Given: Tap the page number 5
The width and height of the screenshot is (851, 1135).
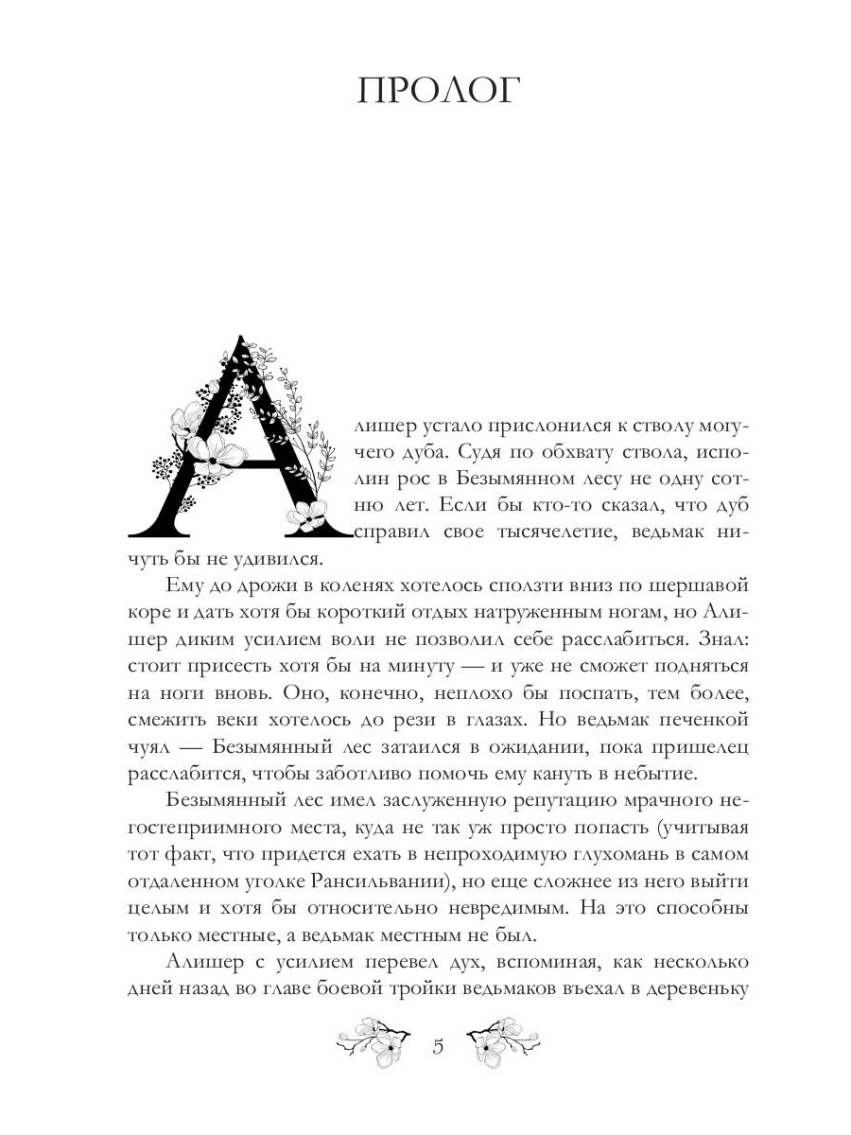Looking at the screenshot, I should [x=438, y=1047].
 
